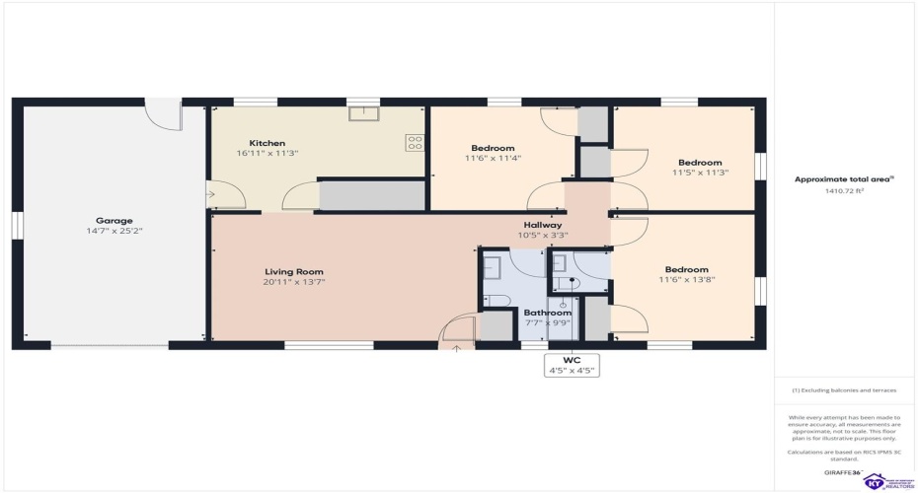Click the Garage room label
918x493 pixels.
point(114,220)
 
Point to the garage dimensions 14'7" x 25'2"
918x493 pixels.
point(114,232)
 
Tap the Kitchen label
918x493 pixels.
point(267,143)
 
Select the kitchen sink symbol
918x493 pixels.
point(362,113)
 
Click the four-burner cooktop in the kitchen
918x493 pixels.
point(415,143)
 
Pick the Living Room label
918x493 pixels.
point(294,271)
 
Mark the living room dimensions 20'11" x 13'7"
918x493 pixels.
point(294,282)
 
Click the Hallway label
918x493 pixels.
point(542,225)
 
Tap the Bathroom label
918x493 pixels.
point(547,313)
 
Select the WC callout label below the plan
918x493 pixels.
point(572,361)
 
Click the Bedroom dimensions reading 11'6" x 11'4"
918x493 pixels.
point(491,158)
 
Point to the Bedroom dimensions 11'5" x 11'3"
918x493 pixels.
point(699,174)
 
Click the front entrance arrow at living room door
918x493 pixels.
point(456,347)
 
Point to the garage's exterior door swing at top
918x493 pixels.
point(164,112)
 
